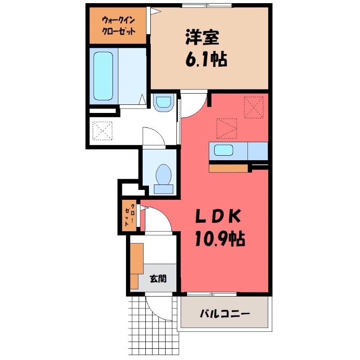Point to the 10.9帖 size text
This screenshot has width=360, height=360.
coord(219,239)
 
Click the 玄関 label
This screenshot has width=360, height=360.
coord(157,279)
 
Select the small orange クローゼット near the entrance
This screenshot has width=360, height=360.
coord(130,216)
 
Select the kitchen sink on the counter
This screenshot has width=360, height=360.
coord(223,150)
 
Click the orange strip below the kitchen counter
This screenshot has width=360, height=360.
coord(229,168)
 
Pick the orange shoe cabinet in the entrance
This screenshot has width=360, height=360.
coord(136,263)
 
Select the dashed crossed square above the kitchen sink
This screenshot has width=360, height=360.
coord(226,128)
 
